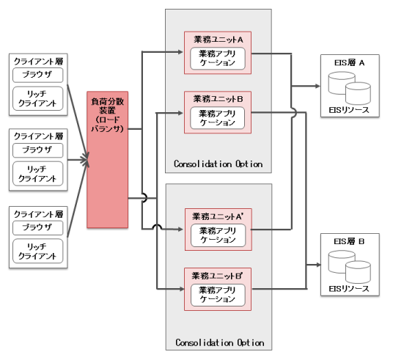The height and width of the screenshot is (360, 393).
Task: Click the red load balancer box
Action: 108,160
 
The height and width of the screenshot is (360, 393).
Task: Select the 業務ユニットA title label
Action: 218,40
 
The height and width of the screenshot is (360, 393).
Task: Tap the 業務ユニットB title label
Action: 218,99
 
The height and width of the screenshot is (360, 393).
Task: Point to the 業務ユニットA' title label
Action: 218,216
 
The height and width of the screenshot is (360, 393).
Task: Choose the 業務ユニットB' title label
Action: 218,276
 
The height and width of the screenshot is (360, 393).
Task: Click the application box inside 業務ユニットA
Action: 218,59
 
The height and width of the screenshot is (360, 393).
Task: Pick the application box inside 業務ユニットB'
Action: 218,295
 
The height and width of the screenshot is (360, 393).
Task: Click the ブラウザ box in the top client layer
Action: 37,75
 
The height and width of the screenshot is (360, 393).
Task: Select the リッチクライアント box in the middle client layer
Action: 37,174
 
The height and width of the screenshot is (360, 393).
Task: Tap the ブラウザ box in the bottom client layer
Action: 37,227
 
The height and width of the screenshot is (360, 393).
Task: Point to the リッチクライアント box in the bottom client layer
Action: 37,251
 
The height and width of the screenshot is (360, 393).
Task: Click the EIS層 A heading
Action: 349,62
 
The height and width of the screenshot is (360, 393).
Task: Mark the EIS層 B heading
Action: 349,241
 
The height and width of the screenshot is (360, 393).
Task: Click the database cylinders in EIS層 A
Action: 350,88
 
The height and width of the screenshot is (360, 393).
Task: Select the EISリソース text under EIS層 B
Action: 349,289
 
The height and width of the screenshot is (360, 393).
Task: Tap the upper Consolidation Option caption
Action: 218,164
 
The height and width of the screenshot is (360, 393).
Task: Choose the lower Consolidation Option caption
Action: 220,342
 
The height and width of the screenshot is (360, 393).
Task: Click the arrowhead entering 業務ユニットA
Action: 180,52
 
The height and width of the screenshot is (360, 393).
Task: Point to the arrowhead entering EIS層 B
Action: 317,265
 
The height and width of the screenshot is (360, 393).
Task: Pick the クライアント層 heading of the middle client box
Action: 38,136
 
